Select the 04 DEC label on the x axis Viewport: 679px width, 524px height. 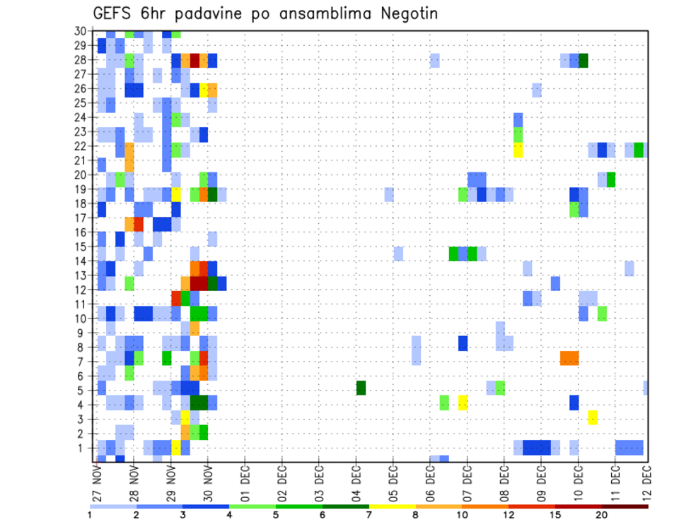pyautogui.click(x=356, y=484)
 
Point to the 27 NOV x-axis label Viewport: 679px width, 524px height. pyautogui.click(x=97, y=484)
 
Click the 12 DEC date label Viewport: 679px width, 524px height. pyautogui.click(x=645, y=484)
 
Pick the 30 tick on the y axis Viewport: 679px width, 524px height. pyautogui.click(x=81, y=31)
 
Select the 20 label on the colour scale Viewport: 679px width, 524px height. pyautogui.click(x=601, y=515)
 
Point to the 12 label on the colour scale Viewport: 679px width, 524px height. pyautogui.click(x=508, y=515)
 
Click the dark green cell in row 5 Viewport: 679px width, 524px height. pyautogui.click(x=361, y=388)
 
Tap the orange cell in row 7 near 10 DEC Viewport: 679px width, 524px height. pyautogui.click(x=569, y=358)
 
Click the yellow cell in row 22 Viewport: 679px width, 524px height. pyautogui.click(x=518, y=150)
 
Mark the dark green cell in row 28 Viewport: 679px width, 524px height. pyautogui.click(x=584, y=60)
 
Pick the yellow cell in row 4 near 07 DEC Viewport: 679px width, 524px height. pyautogui.click(x=463, y=403)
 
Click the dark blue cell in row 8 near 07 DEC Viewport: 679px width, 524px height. pyautogui.click(x=463, y=343)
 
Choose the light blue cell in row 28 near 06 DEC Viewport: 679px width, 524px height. pyautogui.click(x=435, y=60)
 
